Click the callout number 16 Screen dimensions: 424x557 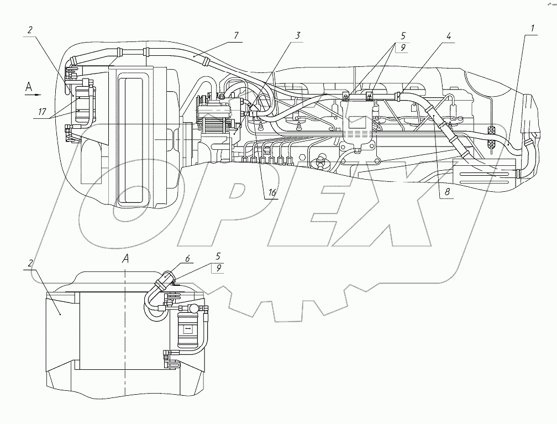coord(271,193)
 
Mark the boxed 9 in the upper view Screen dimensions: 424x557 coord(402,47)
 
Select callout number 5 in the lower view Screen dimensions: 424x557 coord(218,255)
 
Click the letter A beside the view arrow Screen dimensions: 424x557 coord(29,85)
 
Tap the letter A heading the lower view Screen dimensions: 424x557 coord(126,258)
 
